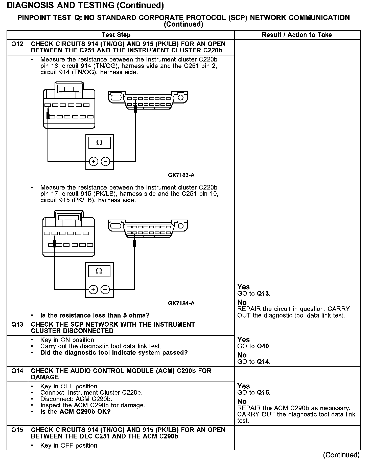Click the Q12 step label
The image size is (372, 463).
[x=17, y=44]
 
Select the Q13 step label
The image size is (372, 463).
[x=17, y=324]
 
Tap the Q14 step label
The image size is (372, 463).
[x=17, y=371]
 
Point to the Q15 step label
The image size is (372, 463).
[x=17, y=430]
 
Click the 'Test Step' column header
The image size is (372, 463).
[x=116, y=35]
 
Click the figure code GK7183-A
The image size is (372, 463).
[x=181, y=175]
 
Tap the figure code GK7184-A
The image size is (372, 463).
[x=181, y=303]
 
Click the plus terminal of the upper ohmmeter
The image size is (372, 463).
[x=94, y=161]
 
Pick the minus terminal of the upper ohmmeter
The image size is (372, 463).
[x=106, y=161]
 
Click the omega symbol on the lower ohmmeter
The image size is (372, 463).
[x=99, y=271]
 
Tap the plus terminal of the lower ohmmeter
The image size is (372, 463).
[x=93, y=289]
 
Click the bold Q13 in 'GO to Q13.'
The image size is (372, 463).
[x=263, y=293]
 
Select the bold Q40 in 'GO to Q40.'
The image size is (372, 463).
[x=263, y=346]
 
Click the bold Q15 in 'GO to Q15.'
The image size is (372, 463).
[x=263, y=393]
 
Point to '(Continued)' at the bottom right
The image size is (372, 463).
[x=341, y=455]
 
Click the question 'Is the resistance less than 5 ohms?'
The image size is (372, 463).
[x=95, y=315]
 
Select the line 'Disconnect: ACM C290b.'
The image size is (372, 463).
[x=76, y=399]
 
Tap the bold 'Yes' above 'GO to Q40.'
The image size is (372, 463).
[x=243, y=340]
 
